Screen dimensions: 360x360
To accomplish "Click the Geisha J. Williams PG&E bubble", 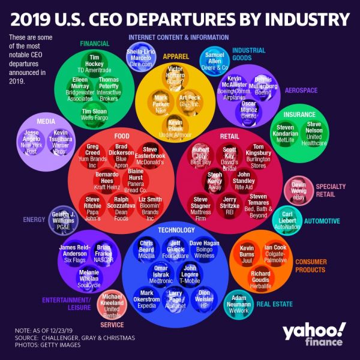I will (64, 221).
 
